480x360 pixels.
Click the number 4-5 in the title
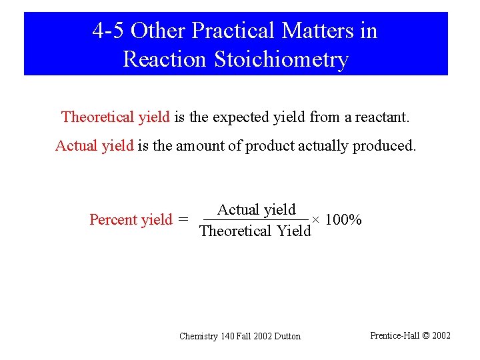point(108,31)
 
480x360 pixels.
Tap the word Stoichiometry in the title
point(281,59)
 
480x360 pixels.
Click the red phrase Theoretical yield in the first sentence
point(115,118)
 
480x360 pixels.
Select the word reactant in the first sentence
point(383,118)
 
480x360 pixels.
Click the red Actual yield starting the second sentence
point(94,146)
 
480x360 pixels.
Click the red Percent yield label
point(131,220)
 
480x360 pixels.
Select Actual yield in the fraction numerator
point(256,209)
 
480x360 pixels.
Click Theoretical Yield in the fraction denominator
point(255,231)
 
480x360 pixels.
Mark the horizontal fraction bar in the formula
point(255,220)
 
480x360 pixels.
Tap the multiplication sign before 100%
point(317,220)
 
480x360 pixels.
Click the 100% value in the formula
point(343,220)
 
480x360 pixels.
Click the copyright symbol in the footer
point(427,335)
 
